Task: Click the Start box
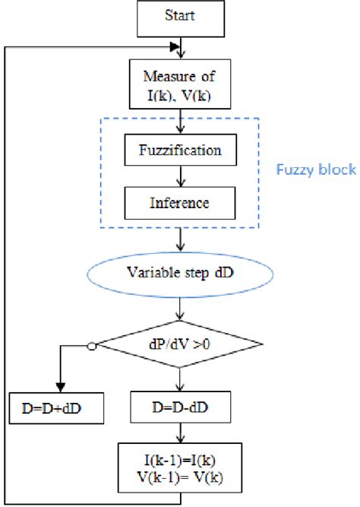(181, 17)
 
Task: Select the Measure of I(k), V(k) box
(181, 84)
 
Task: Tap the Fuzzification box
(181, 150)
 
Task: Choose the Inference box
(181, 203)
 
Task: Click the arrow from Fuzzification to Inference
(181, 176)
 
